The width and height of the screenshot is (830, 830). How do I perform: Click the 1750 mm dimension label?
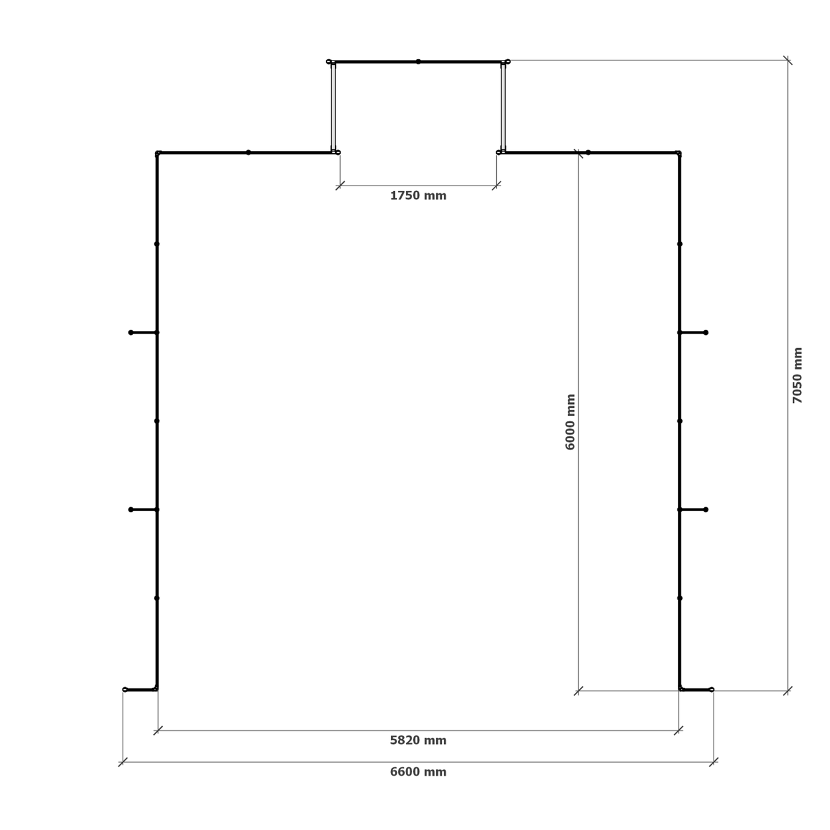tap(418, 196)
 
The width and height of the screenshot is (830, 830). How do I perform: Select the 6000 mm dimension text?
tap(570, 422)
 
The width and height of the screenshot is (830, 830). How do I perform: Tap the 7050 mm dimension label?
tap(797, 375)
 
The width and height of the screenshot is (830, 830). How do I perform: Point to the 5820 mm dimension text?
tap(418, 741)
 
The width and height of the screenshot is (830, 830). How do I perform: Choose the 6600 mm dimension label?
tap(418, 772)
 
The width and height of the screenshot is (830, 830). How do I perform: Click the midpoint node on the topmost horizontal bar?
tap(418, 62)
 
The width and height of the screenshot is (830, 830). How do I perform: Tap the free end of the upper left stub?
tap(131, 333)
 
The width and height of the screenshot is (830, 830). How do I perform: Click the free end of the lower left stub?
tap(131, 510)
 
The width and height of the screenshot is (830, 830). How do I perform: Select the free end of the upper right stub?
tap(705, 333)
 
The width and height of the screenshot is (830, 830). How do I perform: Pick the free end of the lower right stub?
tap(705, 510)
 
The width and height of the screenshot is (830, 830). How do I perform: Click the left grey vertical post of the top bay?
tap(333, 107)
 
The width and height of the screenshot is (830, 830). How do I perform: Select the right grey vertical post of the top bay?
tap(503, 107)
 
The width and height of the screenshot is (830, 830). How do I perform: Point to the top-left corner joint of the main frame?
tap(158, 153)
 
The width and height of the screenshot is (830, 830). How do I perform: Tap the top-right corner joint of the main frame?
tap(679, 153)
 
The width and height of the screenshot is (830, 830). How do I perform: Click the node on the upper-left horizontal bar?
tap(248, 153)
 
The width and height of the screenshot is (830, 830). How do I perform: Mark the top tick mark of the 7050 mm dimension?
tap(787, 61)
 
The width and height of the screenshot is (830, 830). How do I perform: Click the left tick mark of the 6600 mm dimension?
tap(123, 762)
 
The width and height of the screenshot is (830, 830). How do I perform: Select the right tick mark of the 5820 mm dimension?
tap(678, 730)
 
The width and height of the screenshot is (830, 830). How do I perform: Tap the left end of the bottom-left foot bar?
tap(125, 689)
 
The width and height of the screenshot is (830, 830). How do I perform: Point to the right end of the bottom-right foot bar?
tap(711, 689)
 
